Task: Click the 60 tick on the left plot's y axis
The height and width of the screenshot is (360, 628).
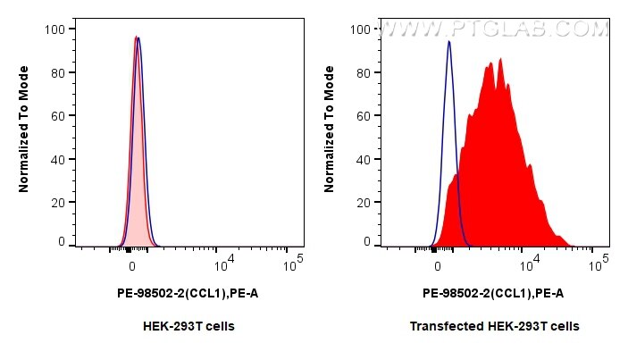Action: [x=58, y=115]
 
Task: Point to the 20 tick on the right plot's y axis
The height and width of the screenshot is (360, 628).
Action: [x=364, y=202]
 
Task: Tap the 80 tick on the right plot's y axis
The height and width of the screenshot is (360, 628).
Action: [x=364, y=72]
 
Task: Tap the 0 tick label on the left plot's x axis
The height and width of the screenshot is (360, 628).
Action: [x=132, y=265]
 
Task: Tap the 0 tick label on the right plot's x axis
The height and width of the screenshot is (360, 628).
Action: [x=437, y=265]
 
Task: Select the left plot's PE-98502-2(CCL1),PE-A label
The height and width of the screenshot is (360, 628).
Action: [x=188, y=293]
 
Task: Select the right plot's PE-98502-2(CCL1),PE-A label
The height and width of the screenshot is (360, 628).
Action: [x=493, y=293]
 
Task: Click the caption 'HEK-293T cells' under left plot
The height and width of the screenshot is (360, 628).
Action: [x=188, y=326]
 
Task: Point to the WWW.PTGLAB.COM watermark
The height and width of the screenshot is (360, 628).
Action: [x=493, y=29]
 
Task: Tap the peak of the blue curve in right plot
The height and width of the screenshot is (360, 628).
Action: [x=448, y=41]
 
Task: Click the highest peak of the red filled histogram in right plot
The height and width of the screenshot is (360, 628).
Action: [x=501, y=59]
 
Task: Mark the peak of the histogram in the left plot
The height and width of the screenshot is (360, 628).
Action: [x=136, y=38]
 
